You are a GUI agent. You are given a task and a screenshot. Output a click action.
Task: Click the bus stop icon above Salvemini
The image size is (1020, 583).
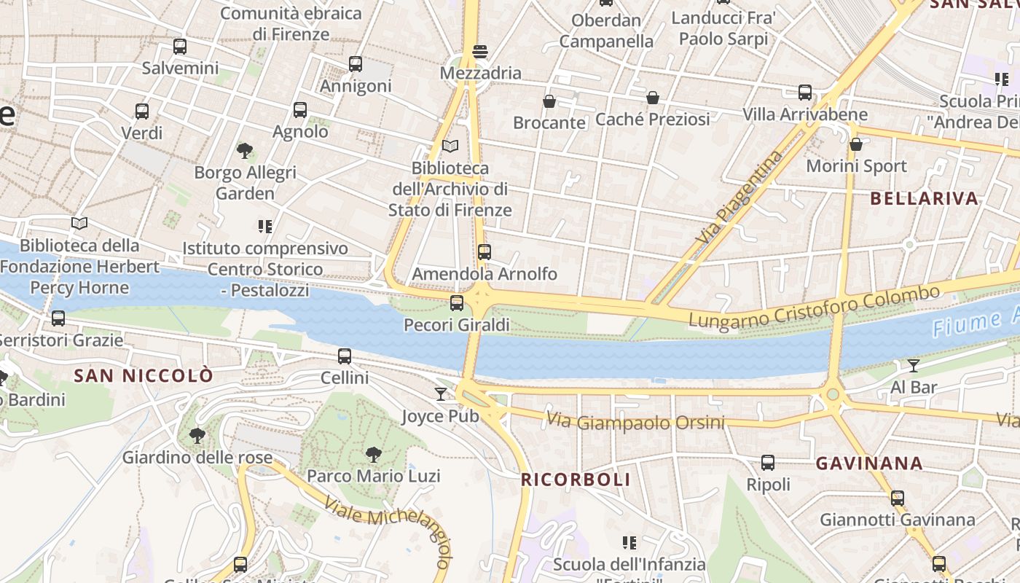tap(180, 47)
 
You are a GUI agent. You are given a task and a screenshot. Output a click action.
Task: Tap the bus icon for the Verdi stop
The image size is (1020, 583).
tap(142, 111)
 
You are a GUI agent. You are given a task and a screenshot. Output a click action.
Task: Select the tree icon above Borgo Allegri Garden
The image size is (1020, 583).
tap(245, 151)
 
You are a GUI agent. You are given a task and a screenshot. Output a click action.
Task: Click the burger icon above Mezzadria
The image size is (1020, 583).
tap(479, 52)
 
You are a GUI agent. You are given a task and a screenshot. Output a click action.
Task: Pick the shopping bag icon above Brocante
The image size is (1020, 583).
tap(549, 101)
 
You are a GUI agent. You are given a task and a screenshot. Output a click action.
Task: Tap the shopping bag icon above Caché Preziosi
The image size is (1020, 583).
tap(653, 98)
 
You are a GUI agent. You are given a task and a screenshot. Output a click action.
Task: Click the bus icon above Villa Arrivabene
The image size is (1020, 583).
tap(805, 93)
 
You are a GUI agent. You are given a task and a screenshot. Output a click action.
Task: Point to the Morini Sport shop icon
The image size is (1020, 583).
tap(856, 144)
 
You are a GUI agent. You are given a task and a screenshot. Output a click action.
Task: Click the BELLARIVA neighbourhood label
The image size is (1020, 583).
tap(924, 198)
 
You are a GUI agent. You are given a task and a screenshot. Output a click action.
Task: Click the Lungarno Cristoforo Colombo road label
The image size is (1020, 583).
tap(814, 307)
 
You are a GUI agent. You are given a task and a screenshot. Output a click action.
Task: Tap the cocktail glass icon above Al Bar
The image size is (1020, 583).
tap(914, 365)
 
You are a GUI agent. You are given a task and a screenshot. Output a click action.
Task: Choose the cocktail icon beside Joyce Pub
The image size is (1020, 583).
tap(441, 394)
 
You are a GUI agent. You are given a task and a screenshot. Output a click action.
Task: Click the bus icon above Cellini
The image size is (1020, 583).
tap(345, 356)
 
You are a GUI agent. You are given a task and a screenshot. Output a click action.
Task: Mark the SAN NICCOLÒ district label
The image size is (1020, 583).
tap(144, 376)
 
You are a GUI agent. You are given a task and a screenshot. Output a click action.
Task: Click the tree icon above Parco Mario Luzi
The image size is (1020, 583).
tap(373, 455)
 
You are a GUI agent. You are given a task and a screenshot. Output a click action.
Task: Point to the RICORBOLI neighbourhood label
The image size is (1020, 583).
tap(576, 480)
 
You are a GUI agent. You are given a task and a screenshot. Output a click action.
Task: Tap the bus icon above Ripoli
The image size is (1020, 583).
tap(768, 463)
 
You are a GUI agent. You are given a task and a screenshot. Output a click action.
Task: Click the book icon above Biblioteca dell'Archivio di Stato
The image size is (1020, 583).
tap(450, 146)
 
